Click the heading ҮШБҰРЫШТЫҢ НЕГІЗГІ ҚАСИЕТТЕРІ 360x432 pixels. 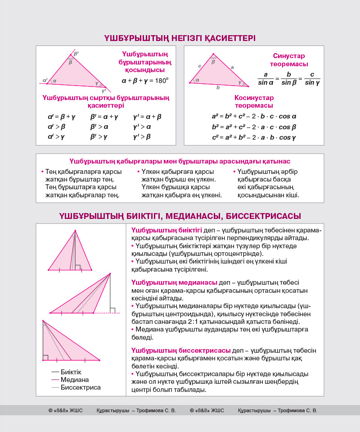180,38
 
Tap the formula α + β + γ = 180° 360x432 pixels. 145,81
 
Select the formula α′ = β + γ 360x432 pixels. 62,117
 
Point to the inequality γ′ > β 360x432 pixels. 142,136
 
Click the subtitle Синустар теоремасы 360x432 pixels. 289,60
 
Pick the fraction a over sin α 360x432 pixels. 265,78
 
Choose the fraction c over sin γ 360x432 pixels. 312,78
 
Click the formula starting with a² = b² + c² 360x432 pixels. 254,116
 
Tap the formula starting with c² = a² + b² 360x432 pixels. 254,137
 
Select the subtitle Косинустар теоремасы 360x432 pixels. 254,101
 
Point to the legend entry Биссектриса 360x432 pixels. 81,387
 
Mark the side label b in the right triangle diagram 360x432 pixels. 218,87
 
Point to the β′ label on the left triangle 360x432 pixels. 76,54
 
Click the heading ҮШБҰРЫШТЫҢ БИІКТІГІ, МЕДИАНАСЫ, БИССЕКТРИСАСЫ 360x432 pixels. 180,216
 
